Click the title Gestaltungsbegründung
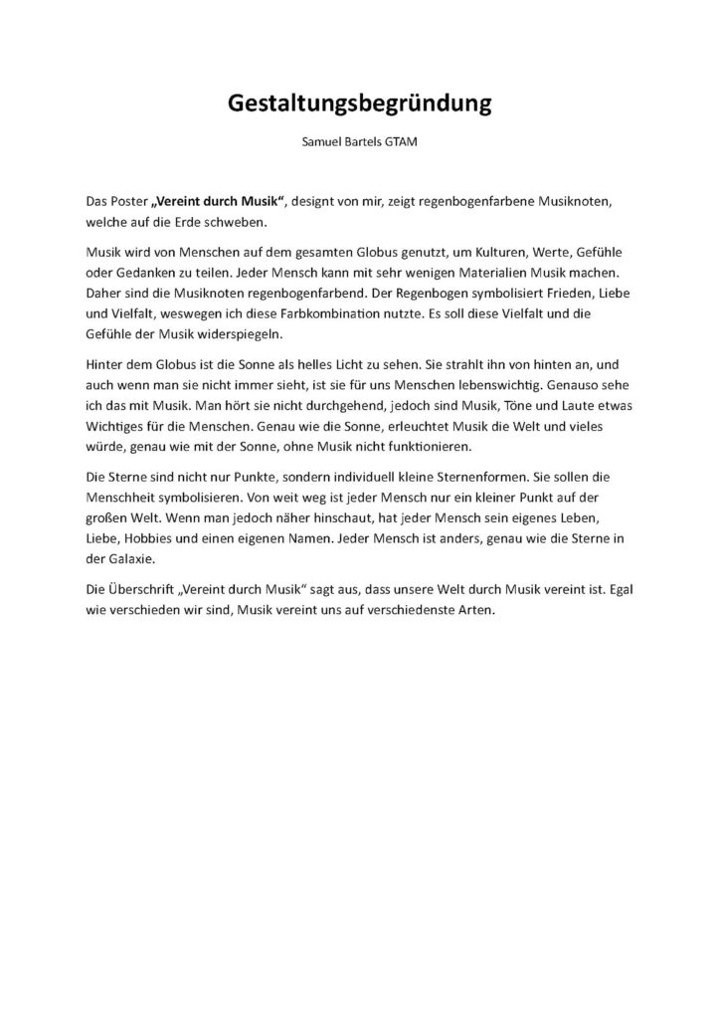click(x=360, y=103)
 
